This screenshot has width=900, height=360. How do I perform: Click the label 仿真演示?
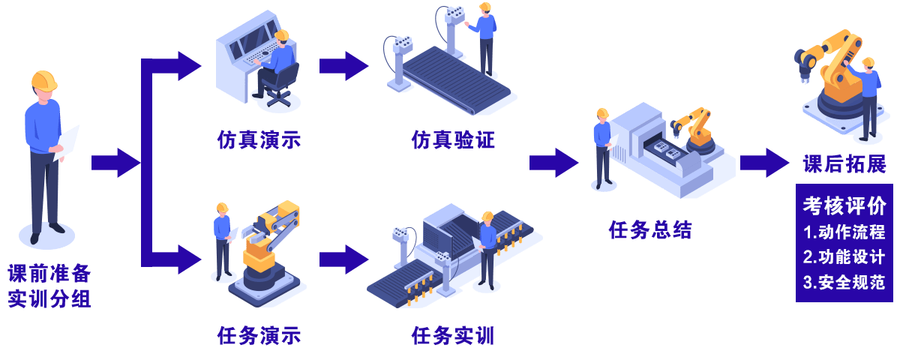click(259, 140)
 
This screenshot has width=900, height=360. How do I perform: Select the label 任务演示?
click(259, 335)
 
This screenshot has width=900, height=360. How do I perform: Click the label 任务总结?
click(649, 229)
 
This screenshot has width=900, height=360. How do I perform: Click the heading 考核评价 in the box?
click(844, 205)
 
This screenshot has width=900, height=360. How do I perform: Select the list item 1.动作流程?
click(844, 232)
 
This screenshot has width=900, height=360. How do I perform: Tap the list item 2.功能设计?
click(844, 256)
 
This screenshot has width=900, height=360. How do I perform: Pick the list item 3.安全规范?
click(844, 283)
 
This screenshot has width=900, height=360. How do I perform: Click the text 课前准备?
click(49, 272)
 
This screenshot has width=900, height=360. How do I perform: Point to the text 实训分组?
click(49, 299)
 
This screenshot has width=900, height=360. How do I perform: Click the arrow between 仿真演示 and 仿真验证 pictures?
click(343, 66)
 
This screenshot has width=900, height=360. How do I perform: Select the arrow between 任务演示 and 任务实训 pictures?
click(343, 259)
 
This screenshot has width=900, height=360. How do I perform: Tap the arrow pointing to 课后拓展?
click(764, 163)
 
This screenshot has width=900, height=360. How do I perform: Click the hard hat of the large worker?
click(44, 80)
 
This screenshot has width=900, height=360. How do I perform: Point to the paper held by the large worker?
click(67, 142)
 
